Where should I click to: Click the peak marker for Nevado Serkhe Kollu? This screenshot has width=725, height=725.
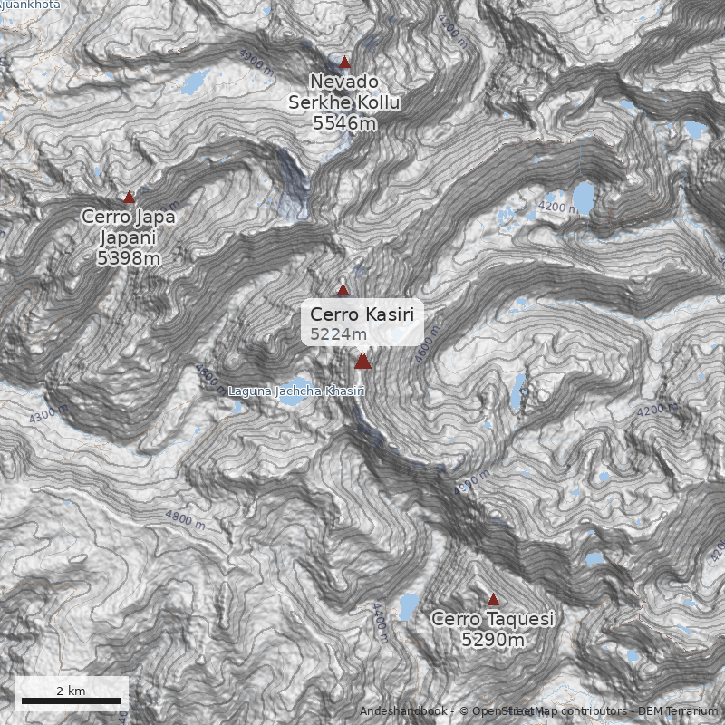(x=344, y=63)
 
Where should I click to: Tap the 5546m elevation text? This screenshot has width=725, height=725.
(x=344, y=123)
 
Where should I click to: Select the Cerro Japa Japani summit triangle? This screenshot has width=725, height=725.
(x=129, y=197)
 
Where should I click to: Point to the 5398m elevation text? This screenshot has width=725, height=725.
(x=129, y=258)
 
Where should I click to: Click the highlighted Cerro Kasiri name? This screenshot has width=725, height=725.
(x=362, y=314)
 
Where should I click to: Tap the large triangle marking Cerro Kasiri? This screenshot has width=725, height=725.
(x=362, y=362)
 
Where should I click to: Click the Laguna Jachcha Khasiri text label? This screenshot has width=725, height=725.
(x=296, y=391)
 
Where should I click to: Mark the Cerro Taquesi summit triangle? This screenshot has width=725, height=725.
(x=493, y=599)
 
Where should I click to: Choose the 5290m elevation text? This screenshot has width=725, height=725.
(x=493, y=641)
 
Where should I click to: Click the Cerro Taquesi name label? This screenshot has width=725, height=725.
(x=493, y=619)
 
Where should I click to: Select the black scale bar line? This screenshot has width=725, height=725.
(x=72, y=701)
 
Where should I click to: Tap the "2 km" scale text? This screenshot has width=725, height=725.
(x=71, y=691)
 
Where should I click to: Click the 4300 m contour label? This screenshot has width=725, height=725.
(x=48, y=415)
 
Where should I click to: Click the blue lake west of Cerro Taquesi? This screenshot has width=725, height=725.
(x=408, y=604)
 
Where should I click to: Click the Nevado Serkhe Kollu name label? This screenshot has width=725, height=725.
(x=344, y=92)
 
